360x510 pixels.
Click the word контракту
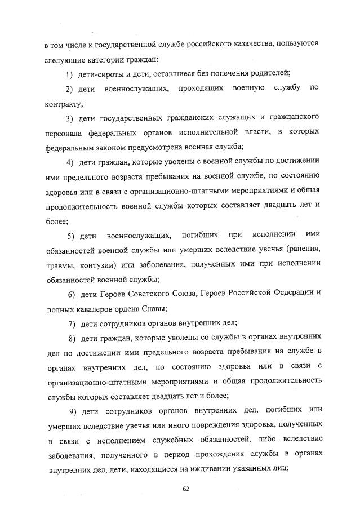63,103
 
